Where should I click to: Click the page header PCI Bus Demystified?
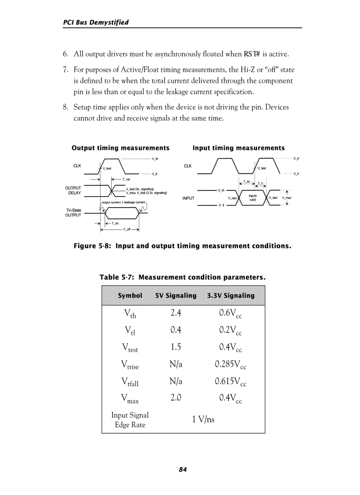pyautogui.click(x=96, y=22)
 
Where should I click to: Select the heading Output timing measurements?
pyautogui.click(x=120, y=148)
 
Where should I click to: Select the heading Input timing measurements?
pyautogui.click(x=239, y=148)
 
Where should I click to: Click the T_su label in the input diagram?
pyautogui.click(x=247, y=182)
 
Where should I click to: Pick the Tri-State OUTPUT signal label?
pyautogui.click(x=73, y=213)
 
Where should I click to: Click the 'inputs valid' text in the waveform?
pyautogui.click(x=253, y=198)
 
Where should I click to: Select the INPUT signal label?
pyautogui.click(x=188, y=198)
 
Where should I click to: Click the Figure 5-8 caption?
pyautogui.click(x=182, y=246)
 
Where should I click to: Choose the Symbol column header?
pyautogui.click(x=130, y=296)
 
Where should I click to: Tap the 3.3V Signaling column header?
pyautogui.click(x=231, y=296)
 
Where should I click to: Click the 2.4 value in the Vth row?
pyautogui.click(x=176, y=313)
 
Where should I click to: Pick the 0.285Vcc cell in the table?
pyautogui.click(x=230, y=365)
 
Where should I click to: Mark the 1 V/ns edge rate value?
pyautogui.click(x=203, y=419)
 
